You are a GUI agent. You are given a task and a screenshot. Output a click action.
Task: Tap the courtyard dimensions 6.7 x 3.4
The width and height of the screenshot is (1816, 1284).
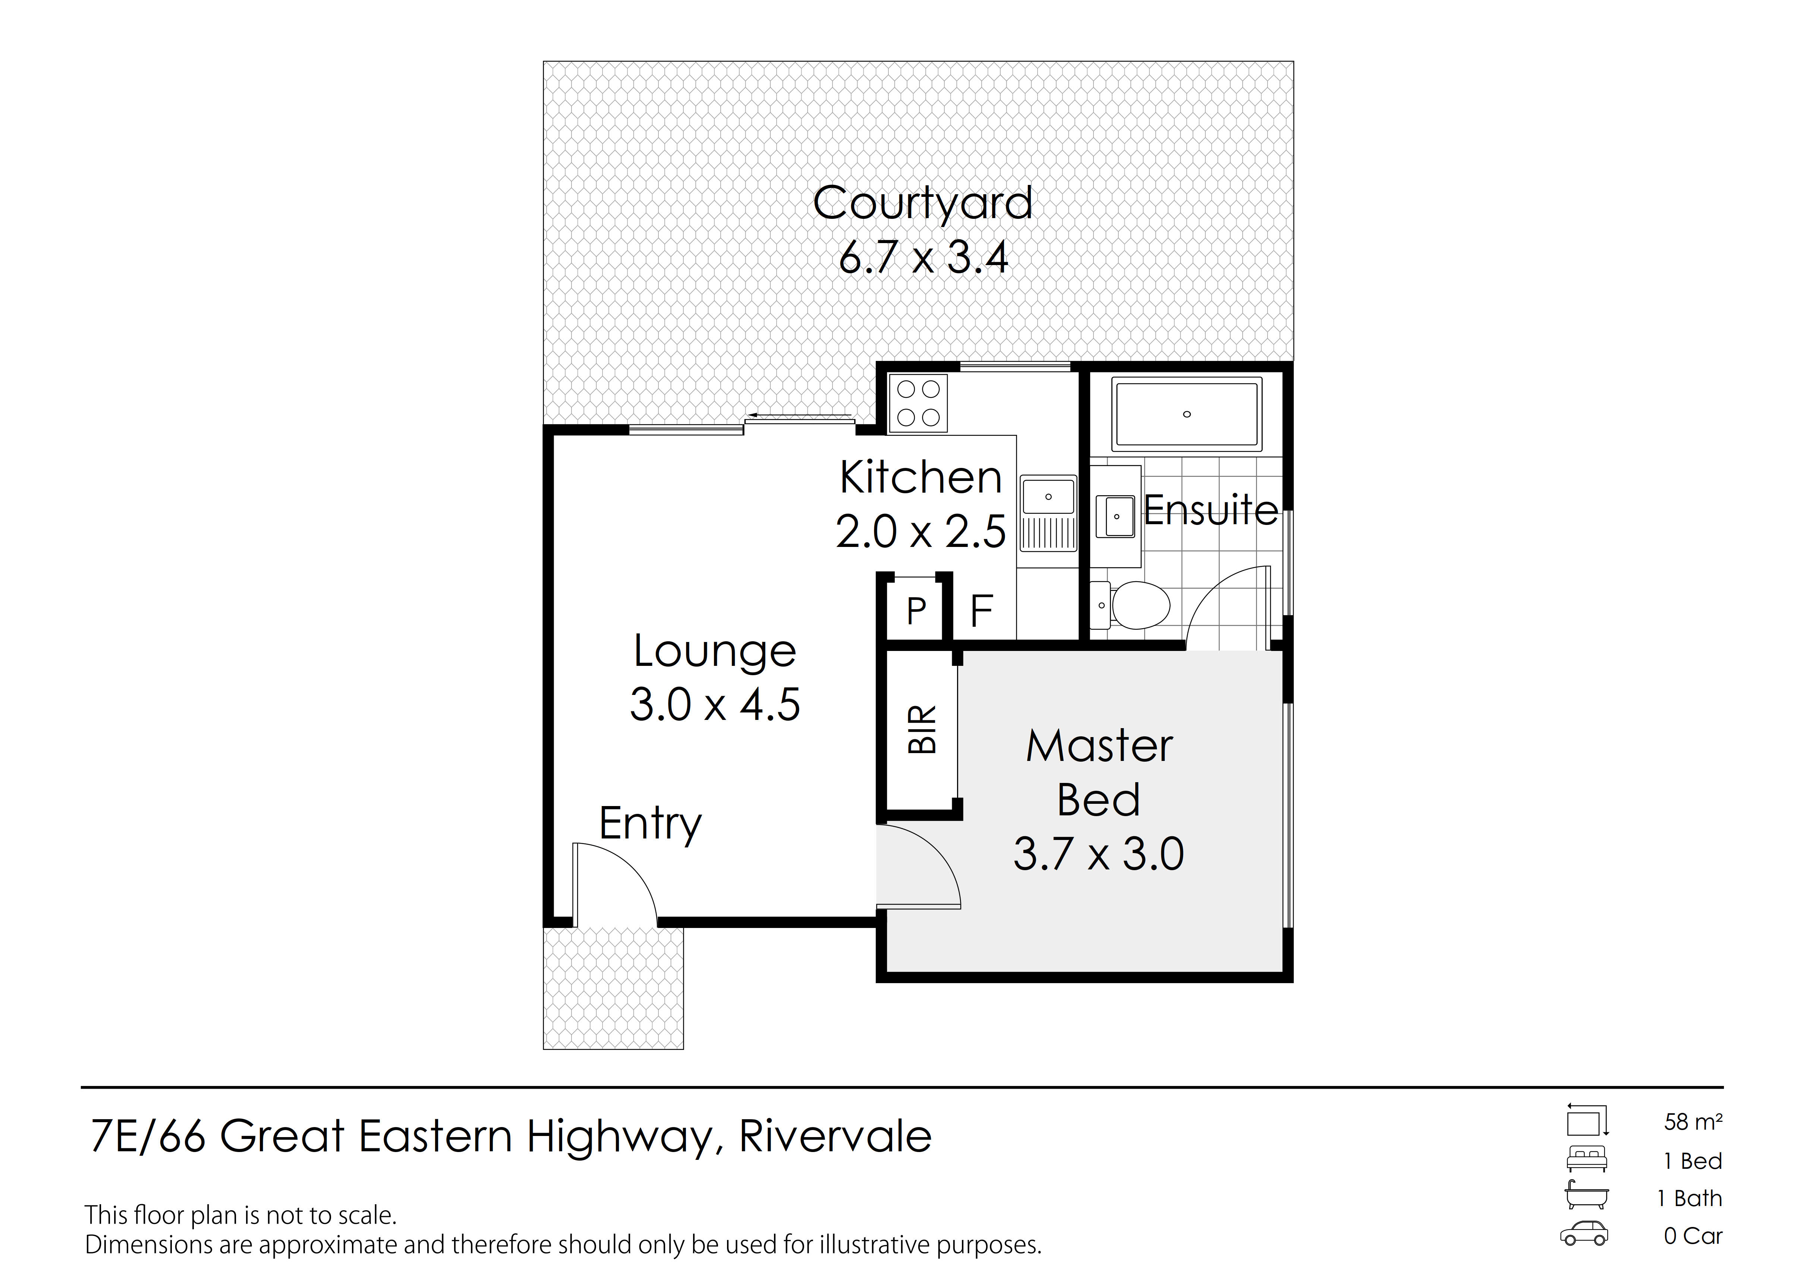(x=923, y=258)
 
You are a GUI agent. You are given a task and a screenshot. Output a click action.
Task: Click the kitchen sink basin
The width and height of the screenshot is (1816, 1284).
(x=1048, y=497)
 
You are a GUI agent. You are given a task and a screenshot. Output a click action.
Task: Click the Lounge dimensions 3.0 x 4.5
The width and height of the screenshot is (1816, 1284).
(x=714, y=704)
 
